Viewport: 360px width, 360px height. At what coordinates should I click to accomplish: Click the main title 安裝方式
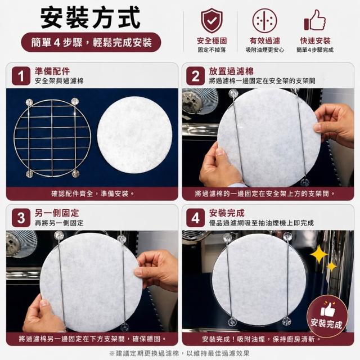90,17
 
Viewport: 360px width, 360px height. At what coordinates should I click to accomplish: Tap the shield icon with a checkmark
211,21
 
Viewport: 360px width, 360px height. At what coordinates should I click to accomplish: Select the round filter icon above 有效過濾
264,21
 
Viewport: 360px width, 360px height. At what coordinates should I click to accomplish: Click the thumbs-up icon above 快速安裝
315,20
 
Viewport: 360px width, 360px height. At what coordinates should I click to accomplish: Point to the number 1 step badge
21,76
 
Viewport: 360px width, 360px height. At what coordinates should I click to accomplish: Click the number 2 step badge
195,76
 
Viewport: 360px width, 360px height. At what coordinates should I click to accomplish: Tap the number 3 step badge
21,218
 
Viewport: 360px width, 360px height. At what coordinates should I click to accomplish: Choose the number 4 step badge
195,218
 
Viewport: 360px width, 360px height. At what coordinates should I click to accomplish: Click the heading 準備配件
52,71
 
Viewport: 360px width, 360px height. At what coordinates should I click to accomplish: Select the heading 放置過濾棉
231,71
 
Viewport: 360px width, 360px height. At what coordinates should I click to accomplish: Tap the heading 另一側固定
57,213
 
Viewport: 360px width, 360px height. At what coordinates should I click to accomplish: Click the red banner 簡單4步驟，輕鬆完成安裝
91,42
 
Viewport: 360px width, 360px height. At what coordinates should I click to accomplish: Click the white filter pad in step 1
134,135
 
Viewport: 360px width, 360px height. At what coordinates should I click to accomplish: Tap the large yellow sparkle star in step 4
319,254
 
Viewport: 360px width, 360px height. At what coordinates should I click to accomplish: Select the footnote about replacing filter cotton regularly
179,353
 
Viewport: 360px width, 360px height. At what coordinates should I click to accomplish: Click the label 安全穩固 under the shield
211,41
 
